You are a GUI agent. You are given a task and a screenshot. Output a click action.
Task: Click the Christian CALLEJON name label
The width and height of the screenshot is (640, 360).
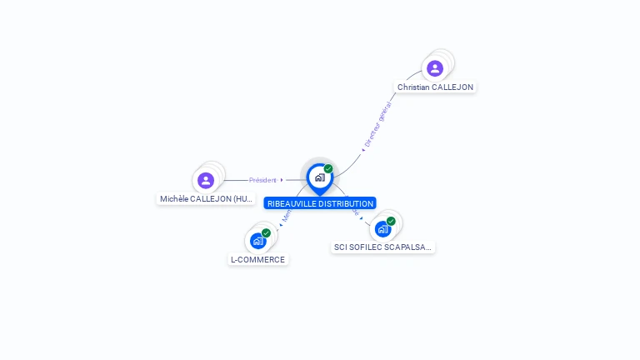coord(435,87)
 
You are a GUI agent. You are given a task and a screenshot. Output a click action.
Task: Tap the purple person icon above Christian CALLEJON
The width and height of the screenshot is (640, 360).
coord(434,68)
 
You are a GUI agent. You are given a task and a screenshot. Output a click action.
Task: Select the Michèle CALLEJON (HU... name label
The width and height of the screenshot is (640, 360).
coord(207,199)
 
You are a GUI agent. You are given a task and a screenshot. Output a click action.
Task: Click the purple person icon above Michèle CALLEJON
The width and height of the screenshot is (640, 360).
coord(206,180)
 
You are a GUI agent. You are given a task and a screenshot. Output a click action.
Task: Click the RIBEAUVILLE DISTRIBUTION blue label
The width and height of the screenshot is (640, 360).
coord(320,203)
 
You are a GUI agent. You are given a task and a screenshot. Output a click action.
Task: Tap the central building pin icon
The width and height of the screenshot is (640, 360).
coord(319,177)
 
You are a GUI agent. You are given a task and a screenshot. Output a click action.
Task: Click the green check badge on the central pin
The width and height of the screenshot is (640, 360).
coord(328,169)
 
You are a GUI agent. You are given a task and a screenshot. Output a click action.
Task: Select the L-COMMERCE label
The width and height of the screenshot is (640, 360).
coord(257,259)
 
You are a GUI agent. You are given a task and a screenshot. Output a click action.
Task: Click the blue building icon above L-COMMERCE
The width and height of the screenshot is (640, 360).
coord(257,241)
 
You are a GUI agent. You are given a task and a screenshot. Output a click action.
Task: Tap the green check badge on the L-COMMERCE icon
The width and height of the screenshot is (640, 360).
coord(266,233)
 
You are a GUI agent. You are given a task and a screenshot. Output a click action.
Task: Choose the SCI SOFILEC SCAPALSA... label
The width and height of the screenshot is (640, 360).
coord(382,247)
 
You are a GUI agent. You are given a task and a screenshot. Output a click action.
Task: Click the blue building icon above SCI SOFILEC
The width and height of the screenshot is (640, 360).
coord(382,228)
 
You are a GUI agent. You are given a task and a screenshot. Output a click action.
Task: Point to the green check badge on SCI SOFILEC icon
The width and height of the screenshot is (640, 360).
coord(391,221)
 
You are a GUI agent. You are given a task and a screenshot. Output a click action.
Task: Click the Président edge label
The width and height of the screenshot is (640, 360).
coord(262,180)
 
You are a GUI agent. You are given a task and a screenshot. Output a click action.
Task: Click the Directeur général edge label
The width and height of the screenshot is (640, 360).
coord(378,125)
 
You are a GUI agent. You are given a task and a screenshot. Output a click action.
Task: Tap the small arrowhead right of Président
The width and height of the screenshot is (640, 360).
coord(282,180)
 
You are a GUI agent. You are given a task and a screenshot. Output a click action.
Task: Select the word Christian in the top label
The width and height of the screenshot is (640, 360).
coord(413,87)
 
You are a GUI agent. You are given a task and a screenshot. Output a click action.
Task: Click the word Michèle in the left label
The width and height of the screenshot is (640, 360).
coord(174,199)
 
